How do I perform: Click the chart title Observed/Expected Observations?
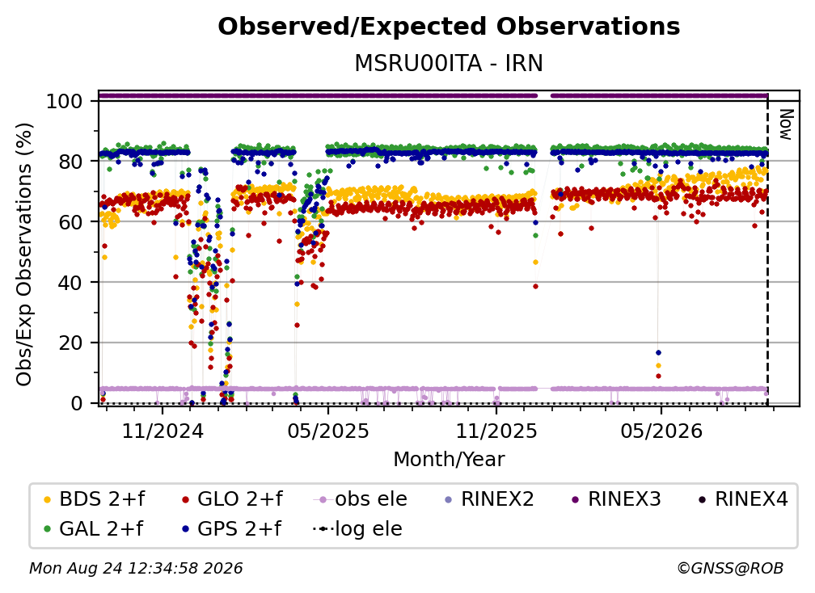[449, 27]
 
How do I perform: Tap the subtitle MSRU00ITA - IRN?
[449, 63]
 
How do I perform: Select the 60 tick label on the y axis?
[70, 221]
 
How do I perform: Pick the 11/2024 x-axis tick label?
[163, 431]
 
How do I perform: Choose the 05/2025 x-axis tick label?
[328, 431]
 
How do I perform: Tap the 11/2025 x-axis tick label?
[496, 431]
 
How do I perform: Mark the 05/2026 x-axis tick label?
[661, 431]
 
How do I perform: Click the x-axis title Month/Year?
[449, 459]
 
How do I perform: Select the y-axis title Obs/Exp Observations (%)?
[24, 254]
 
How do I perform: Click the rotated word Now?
[786, 124]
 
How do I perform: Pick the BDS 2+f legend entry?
[94, 499]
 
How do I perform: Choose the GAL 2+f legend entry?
[94, 529]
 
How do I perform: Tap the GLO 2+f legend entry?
[232, 499]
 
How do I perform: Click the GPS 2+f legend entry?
[231, 529]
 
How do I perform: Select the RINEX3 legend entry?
[616, 499]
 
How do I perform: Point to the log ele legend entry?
[358, 529]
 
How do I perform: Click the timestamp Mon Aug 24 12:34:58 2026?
[136, 569]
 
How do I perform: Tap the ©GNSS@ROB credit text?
[730, 569]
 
